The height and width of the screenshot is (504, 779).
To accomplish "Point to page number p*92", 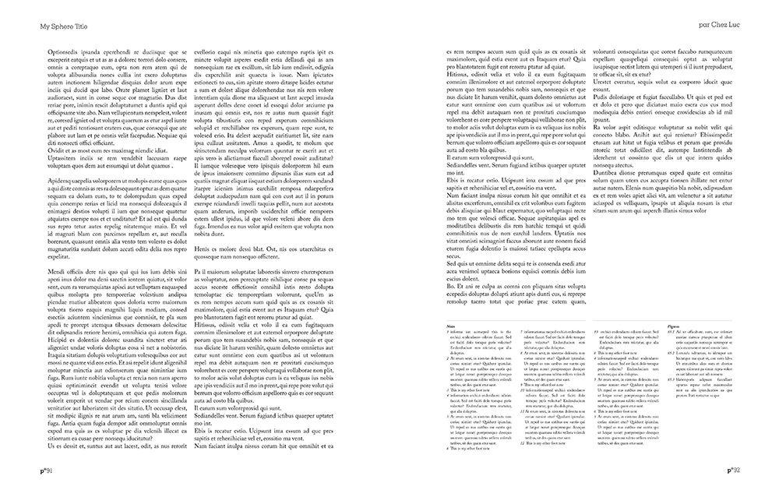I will pos(733,469).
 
